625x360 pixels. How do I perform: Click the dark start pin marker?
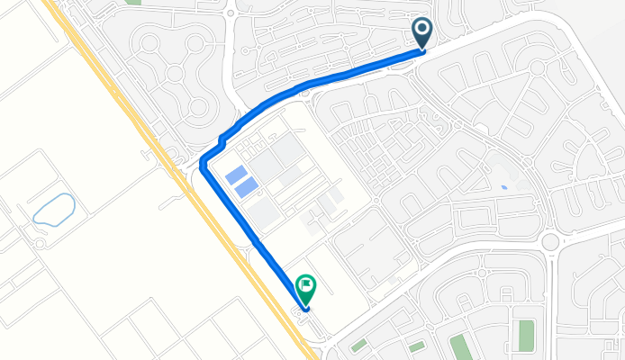coord(422,32)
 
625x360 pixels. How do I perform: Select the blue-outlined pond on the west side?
coord(52,208)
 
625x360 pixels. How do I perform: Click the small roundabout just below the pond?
coord(40,243)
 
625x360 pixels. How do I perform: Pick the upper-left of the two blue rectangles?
coord(237,175)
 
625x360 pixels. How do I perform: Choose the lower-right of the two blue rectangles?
coord(248,187)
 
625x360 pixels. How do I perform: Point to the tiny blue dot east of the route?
coord(503,187)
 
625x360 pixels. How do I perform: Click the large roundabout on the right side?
coord(549,241)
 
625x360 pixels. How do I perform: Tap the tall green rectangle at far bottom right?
coord(526,334)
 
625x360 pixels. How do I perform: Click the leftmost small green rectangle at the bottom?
coord(358,346)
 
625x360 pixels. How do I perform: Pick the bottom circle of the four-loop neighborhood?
coord(197,108)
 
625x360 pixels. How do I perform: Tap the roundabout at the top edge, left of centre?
coord(231,12)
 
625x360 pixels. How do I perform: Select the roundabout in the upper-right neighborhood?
coord(537,67)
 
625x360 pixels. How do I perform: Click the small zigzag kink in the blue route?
coord(222,139)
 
